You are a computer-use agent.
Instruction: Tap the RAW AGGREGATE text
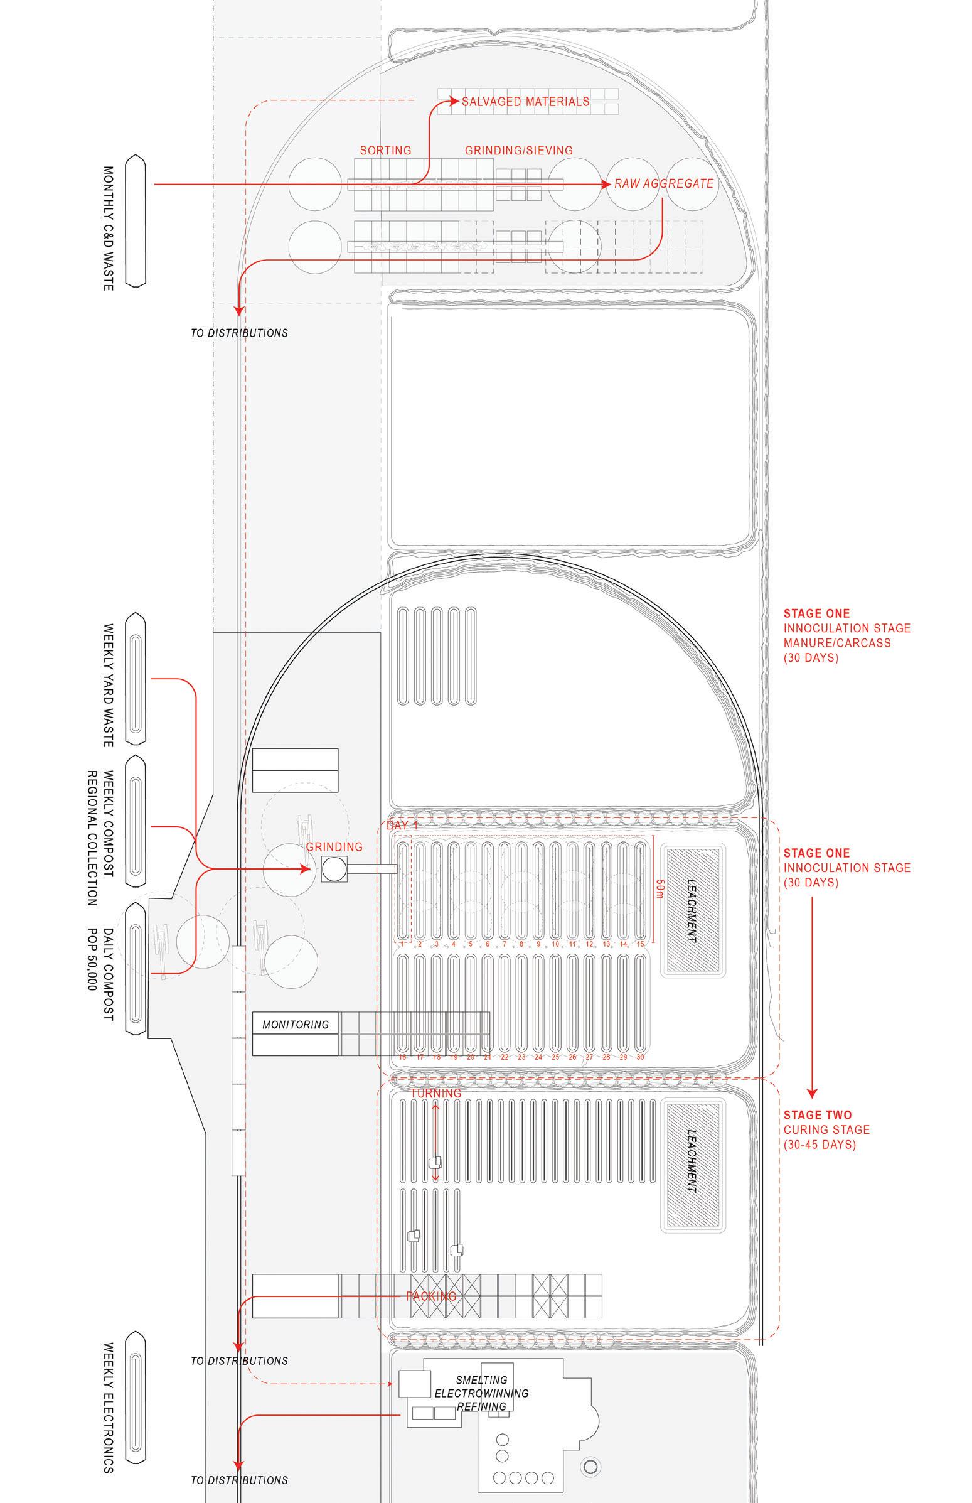click(x=664, y=184)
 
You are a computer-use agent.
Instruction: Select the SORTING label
click(x=385, y=150)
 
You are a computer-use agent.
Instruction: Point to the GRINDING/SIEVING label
click(x=519, y=150)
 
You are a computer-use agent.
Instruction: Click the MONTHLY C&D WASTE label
click(x=108, y=228)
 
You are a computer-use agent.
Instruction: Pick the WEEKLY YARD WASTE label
click(x=108, y=685)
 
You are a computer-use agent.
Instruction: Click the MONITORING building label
click(x=296, y=1025)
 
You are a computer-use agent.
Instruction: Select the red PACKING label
click(x=431, y=1296)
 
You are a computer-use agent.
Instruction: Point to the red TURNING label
click(x=436, y=1093)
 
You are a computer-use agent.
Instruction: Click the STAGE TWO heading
click(x=817, y=1115)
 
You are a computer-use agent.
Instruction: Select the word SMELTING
click(x=481, y=1381)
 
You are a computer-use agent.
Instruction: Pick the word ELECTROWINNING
click(x=481, y=1393)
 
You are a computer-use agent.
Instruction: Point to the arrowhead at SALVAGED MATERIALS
click(x=454, y=101)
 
